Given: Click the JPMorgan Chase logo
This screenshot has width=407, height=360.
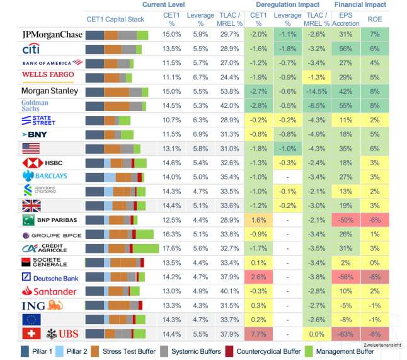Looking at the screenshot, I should [x=52, y=34].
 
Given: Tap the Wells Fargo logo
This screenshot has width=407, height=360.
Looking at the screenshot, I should [x=48, y=76].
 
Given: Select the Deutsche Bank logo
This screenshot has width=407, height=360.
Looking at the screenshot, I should [x=51, y=277].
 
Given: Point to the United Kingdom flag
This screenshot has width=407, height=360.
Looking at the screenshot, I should [x=31, y=205].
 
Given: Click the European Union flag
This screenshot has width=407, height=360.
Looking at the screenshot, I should [x=31, y=319].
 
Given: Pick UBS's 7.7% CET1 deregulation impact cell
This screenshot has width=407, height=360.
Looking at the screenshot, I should [x=258, y=333].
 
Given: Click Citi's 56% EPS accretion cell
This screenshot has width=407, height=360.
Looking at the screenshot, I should [x=345, y=49].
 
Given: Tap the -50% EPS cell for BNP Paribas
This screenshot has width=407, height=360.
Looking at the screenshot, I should [x=345, y=219].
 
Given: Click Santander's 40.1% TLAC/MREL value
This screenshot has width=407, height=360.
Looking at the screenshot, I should [x=229, y=291].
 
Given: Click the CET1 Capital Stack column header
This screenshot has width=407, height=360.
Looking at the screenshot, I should [x=115, y=19].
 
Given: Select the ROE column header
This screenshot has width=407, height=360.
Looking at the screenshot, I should [x=375, y=19].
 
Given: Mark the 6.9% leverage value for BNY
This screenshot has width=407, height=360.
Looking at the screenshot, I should [x=200, y=134].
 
